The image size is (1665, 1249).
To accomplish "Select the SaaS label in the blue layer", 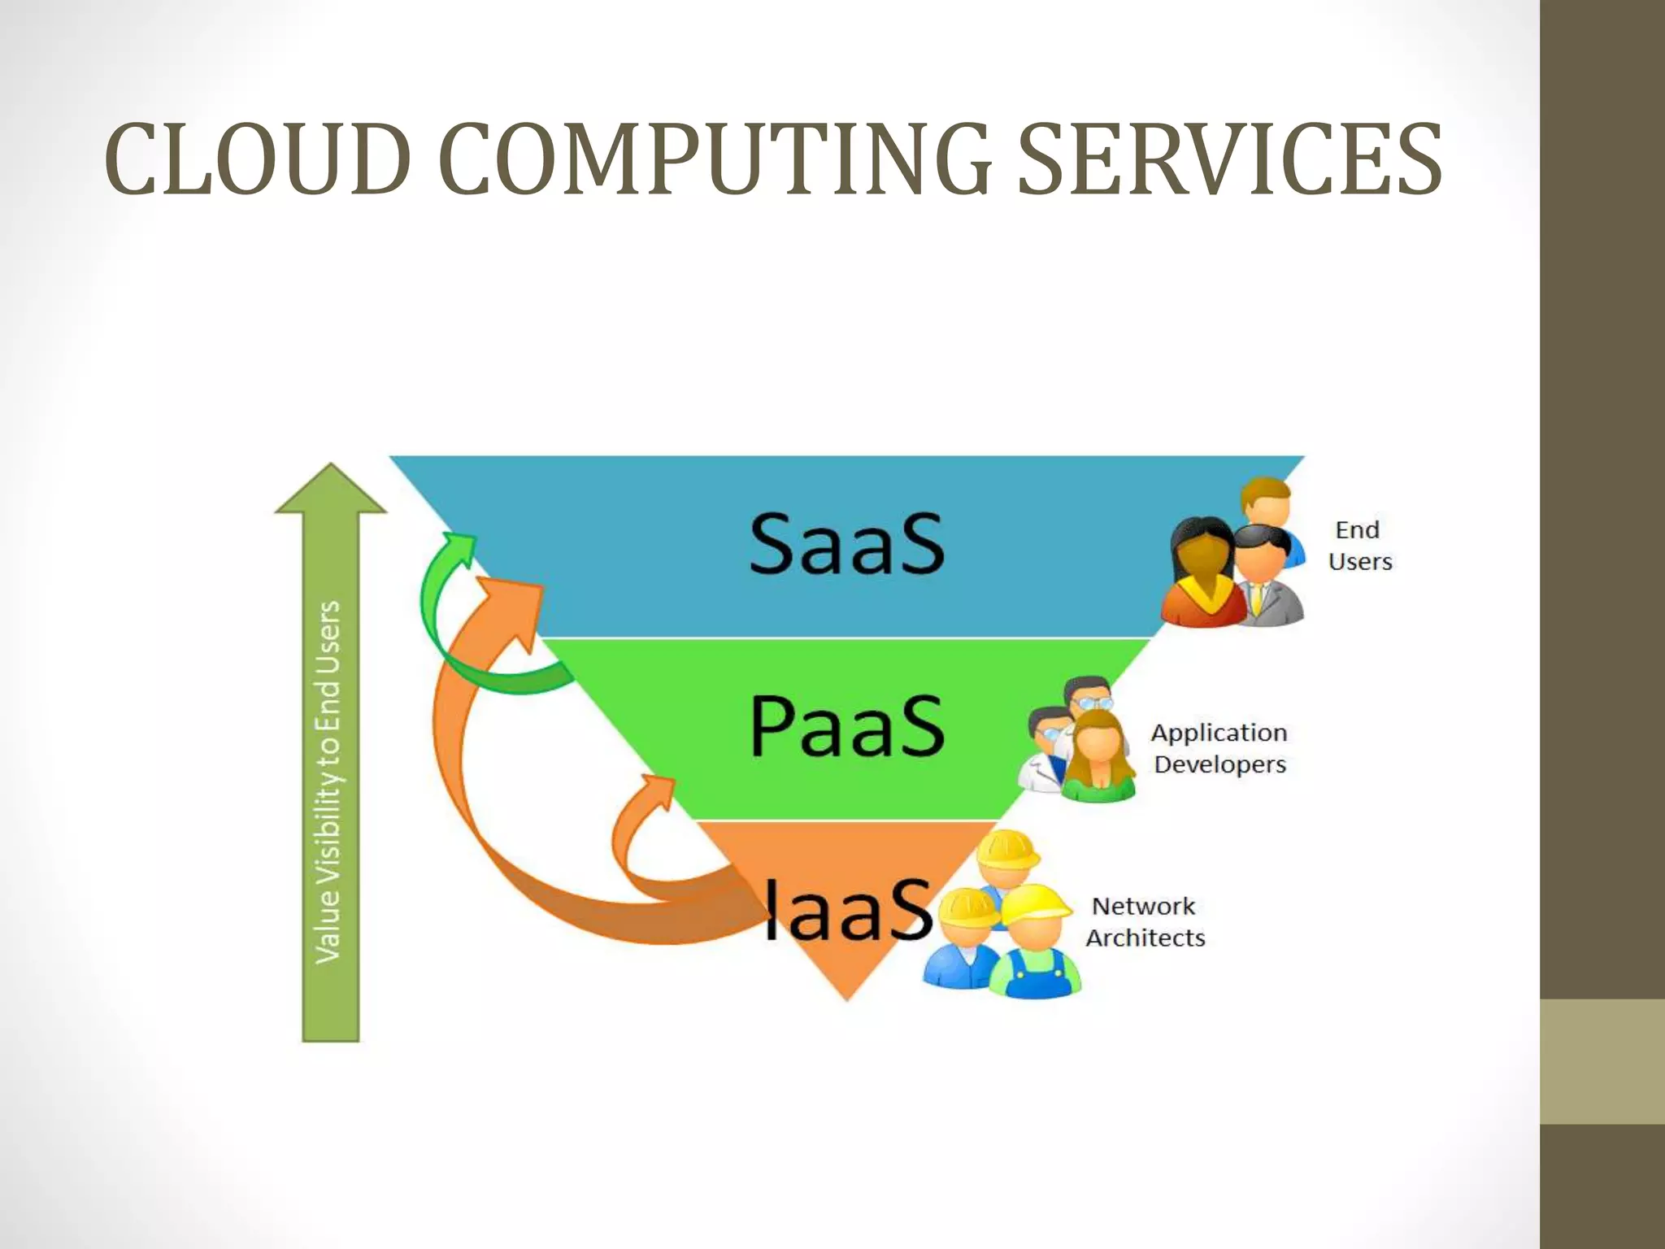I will tap(846, 543).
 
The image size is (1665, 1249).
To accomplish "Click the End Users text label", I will tap(1359, 546).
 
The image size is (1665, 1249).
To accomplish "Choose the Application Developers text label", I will tap(1219, 748).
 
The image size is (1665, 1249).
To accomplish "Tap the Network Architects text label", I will tap(1145, 921).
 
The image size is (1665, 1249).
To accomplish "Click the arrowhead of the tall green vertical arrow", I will tap(331, 490).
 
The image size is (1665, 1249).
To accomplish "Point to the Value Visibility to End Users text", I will tap(328, 781).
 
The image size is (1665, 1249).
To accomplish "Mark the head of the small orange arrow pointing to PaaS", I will tap(657, 789).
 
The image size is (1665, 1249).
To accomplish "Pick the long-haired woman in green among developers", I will tap(1098, 756).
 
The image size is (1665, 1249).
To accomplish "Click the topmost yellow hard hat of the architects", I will tap(1006, 850).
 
